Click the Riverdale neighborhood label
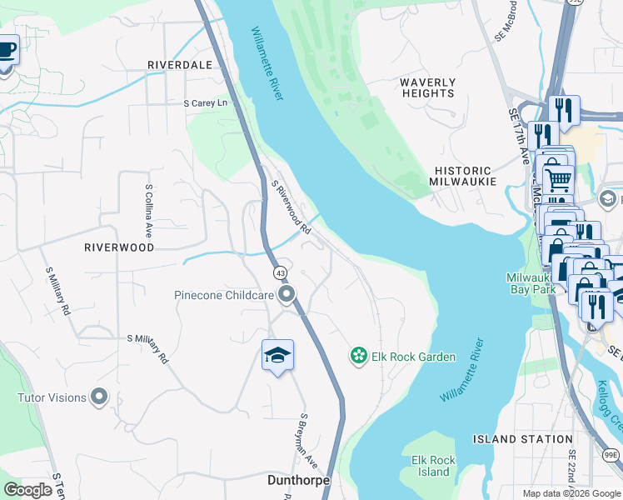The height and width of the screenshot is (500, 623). [178, 64]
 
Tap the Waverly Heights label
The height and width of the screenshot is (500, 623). [427, 87]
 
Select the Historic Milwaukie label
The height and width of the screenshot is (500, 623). [463, 175]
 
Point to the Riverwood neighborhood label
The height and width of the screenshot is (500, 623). [119, 247]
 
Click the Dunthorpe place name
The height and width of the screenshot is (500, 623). [298, 481]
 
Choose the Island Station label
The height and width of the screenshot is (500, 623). [522, 439]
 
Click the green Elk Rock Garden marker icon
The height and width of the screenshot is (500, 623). [358, 357]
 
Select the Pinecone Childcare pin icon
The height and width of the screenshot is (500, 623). [287, 294]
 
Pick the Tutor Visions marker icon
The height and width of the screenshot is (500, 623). [100, 397]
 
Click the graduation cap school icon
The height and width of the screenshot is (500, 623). [277, 356]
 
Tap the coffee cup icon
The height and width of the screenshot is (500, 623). [7, 50]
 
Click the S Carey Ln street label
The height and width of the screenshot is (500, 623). [205, 103]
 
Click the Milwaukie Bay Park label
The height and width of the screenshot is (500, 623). [533, 283]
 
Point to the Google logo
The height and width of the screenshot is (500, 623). [27, 490]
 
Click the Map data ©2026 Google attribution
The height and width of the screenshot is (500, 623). [571, 493]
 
